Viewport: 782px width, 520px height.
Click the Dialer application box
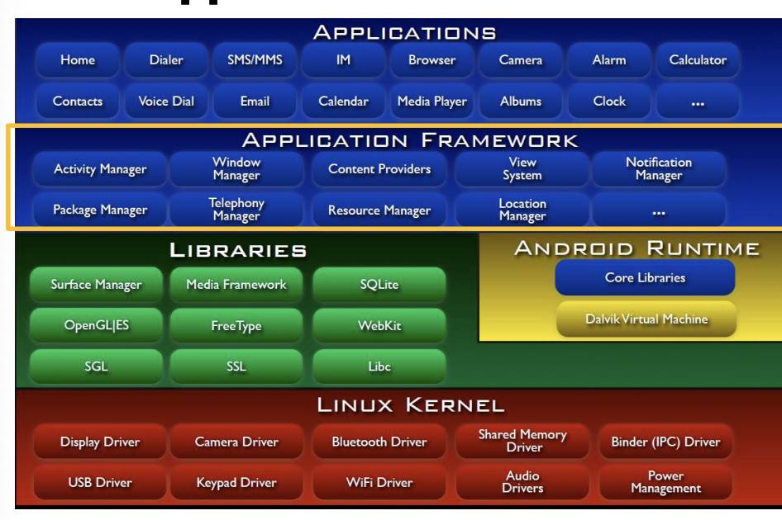click(166, 60)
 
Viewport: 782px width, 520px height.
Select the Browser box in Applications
click(432, 60)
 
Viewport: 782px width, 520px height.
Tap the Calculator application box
click(698, 60)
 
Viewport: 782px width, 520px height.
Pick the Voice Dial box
click(166, 102)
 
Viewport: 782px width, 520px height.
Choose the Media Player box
click(432, 102)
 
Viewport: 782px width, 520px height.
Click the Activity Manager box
click(100, 169)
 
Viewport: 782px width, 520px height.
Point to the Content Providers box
click(379, 169)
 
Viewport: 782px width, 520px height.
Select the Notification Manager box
click(659, 169)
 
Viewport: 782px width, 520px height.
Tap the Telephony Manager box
click(236, 210)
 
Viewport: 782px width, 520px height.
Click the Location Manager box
click(522, 210)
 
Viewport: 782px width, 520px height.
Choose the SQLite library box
click(379, 285)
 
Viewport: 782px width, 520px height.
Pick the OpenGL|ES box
click(97, 325)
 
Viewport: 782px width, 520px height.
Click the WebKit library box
click(379, 325)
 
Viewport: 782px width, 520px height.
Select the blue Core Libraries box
click(645, 278)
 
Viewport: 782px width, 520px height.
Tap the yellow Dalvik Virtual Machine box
click(646, 319)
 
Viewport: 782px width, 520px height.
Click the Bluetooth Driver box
click(379, 442)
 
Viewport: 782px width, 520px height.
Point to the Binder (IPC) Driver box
click(665, 442)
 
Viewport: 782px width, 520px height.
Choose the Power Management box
click(665, 482)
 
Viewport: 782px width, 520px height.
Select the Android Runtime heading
click(637, 248)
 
